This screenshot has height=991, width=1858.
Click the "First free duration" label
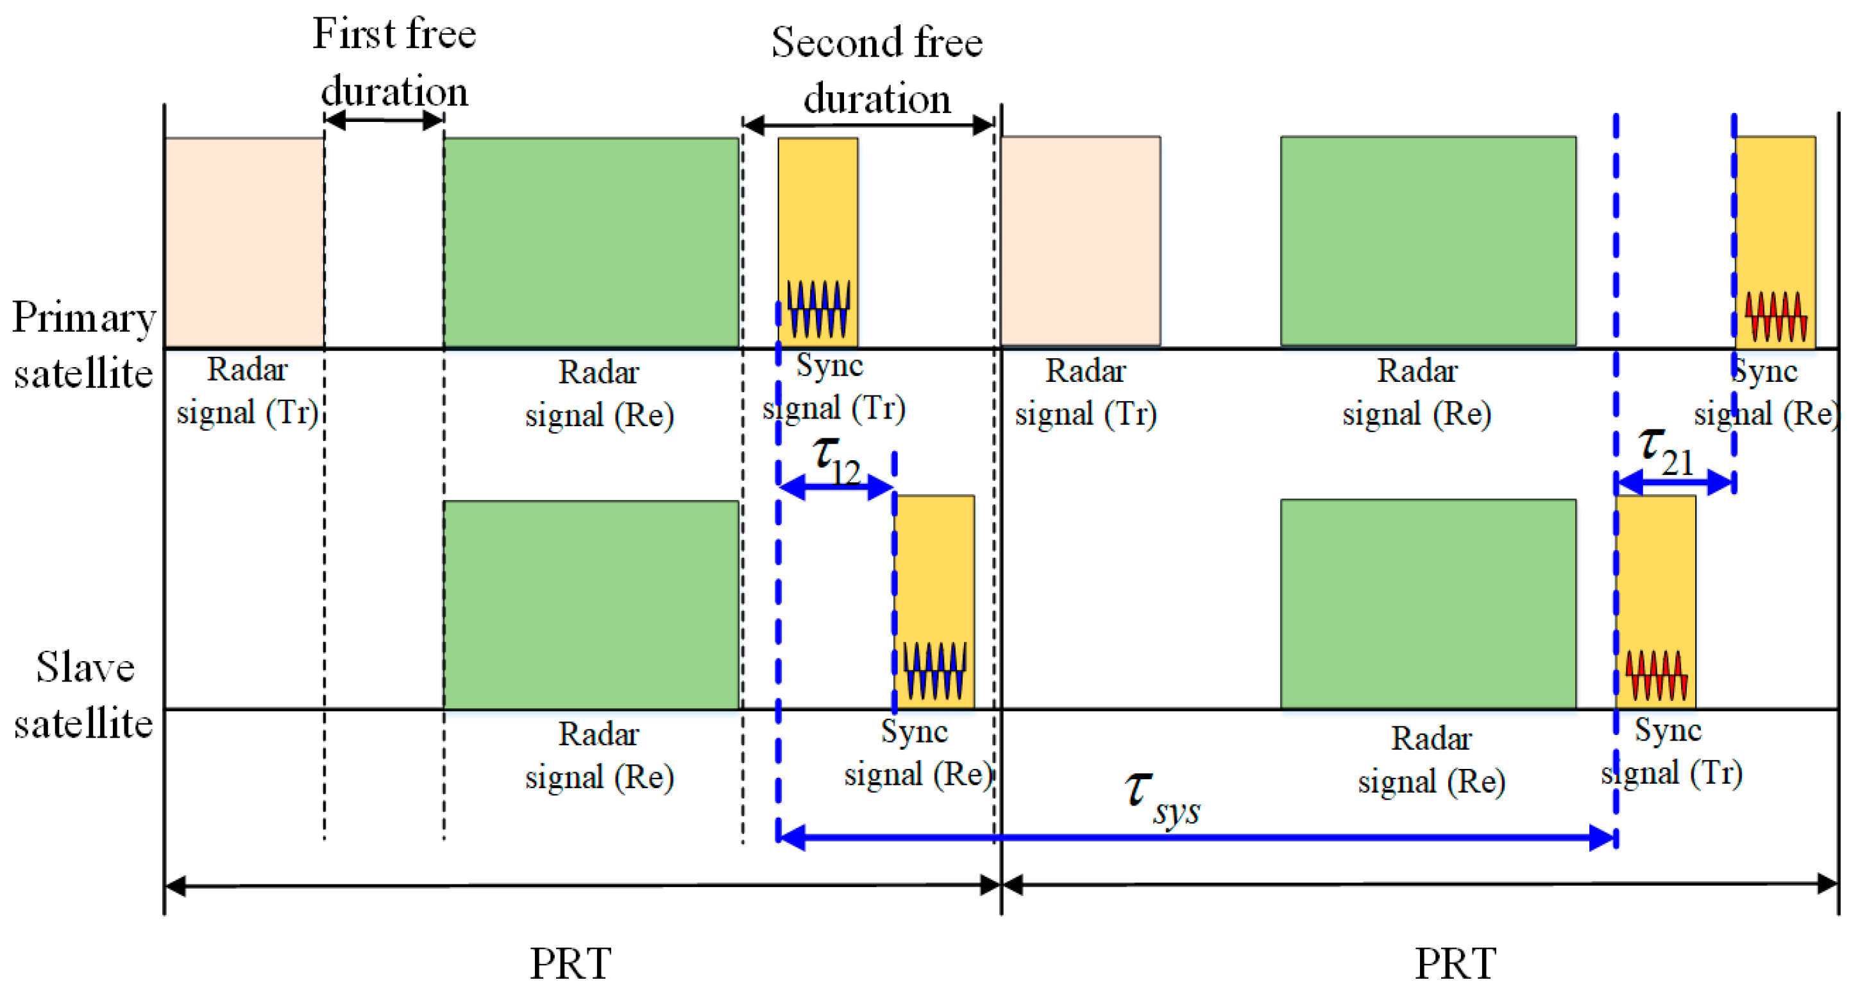(394, 63)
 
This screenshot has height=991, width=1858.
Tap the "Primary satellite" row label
(83, 345)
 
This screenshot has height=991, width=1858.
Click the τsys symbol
(1161, 798)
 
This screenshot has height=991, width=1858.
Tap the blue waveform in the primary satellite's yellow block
(818, 309)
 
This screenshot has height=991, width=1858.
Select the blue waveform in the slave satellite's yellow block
(934, 671)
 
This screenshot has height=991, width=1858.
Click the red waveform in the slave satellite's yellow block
(1656, 675)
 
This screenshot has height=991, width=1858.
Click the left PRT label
(571, 963)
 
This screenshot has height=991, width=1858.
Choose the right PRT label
(1455, 963)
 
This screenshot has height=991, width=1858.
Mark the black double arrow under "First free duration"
(384, 119)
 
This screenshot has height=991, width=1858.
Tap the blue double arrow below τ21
(1675, 481)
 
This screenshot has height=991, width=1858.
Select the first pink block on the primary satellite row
(244, 242)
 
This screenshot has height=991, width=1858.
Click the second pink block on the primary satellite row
(1081, 240)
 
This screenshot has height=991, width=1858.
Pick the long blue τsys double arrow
(1197, 837)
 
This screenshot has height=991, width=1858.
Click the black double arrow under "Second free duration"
(868, 125)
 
